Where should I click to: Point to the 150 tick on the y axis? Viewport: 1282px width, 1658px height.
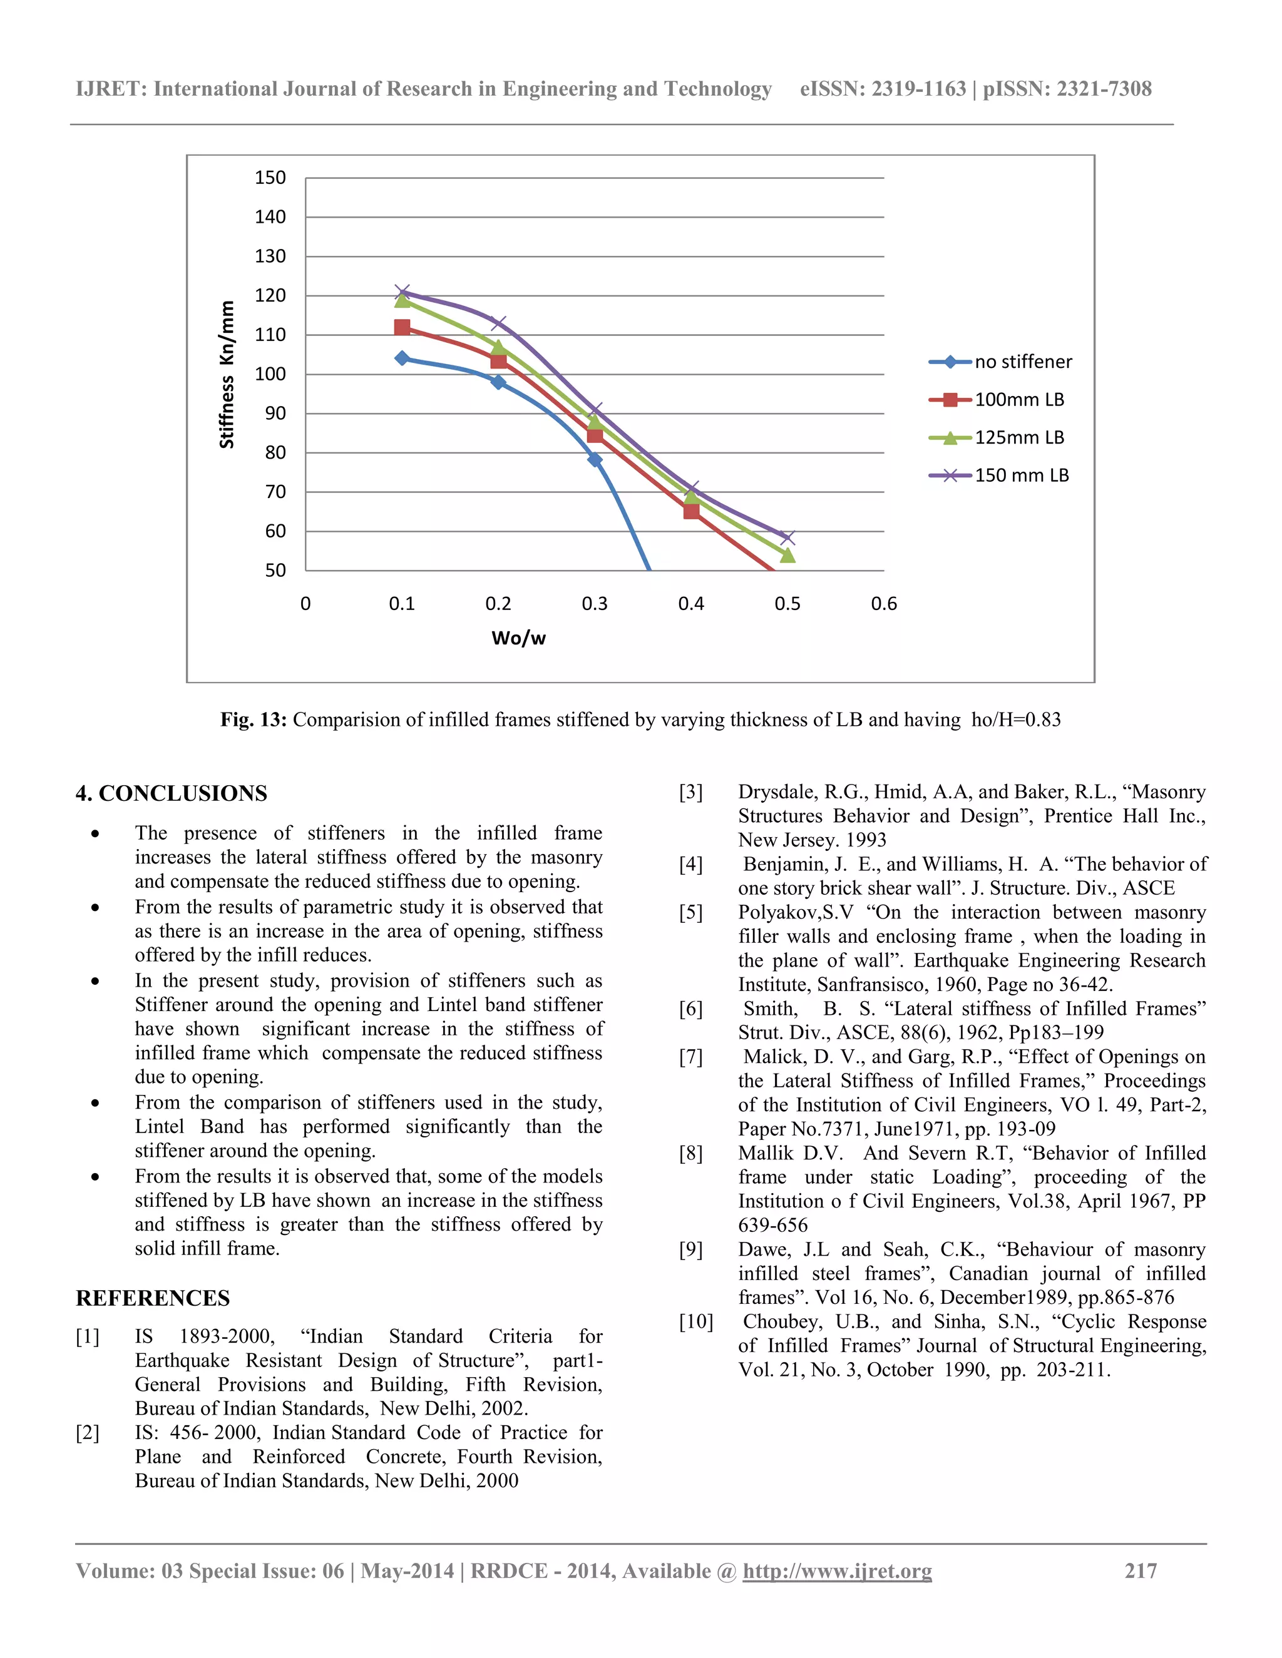coord(270,178)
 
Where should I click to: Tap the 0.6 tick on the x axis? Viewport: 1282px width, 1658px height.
coord(883,604)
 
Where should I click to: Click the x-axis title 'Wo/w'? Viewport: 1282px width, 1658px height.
coord(519,638)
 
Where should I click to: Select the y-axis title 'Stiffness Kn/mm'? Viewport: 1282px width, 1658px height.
coord(227,374)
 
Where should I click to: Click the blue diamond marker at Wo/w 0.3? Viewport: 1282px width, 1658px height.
coord(595,459)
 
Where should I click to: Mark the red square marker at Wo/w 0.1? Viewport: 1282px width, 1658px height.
coord(402,327)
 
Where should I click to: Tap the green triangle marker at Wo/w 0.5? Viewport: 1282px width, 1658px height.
coord(787,556)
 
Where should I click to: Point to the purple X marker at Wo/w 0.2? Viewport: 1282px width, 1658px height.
coord(498,323)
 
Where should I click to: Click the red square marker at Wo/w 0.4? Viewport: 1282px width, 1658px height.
coord(691,511)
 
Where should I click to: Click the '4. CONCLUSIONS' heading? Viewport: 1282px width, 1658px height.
coord(172,793)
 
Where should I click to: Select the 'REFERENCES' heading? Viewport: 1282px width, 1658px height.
coord(153,1298)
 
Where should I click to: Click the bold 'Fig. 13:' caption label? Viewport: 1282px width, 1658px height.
coord(253,720)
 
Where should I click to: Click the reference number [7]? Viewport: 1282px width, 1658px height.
coord(690,1057)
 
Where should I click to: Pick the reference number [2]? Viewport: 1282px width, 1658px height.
coord(88,1433)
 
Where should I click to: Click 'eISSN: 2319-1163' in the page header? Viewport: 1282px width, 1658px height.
coord(883,89)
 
